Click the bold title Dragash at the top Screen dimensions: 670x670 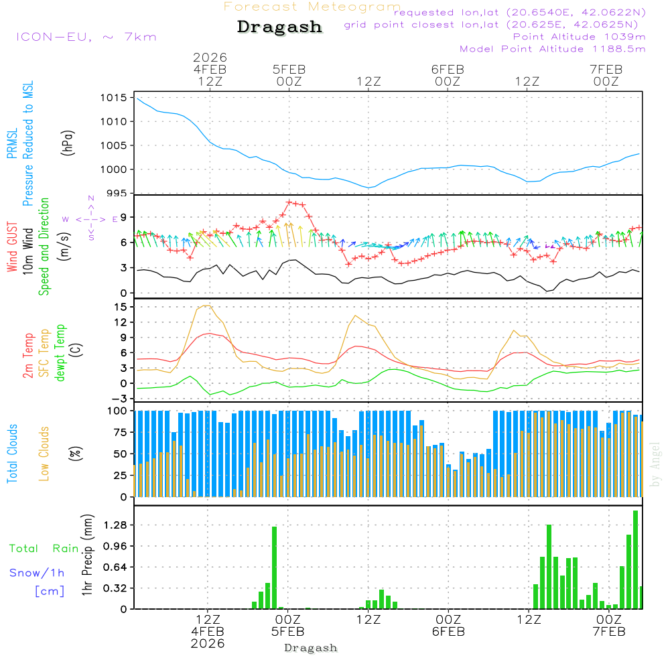(x=279, y=27)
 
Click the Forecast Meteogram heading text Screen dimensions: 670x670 (x=312, y=7)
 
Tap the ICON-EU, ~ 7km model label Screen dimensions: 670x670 (x=86, y=36)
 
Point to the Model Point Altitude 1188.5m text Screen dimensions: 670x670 (x=553, y=48)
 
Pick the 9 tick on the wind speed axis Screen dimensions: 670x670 (x=123, y=216)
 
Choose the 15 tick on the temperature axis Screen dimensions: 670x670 (x=121, y=307)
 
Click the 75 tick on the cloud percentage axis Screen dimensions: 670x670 (x=119, y=432)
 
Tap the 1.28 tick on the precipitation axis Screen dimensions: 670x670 (x=115, y=525)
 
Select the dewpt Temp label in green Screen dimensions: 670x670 (x=61, y=353)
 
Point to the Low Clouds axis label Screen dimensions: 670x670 (x=45, y=442)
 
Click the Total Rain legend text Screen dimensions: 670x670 (x=44, y=548)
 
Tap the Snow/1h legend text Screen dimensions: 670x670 (x=38, y=573)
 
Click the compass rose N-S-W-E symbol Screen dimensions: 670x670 (x=90, y=218)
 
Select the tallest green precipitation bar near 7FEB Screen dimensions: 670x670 (x=635, y=559)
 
